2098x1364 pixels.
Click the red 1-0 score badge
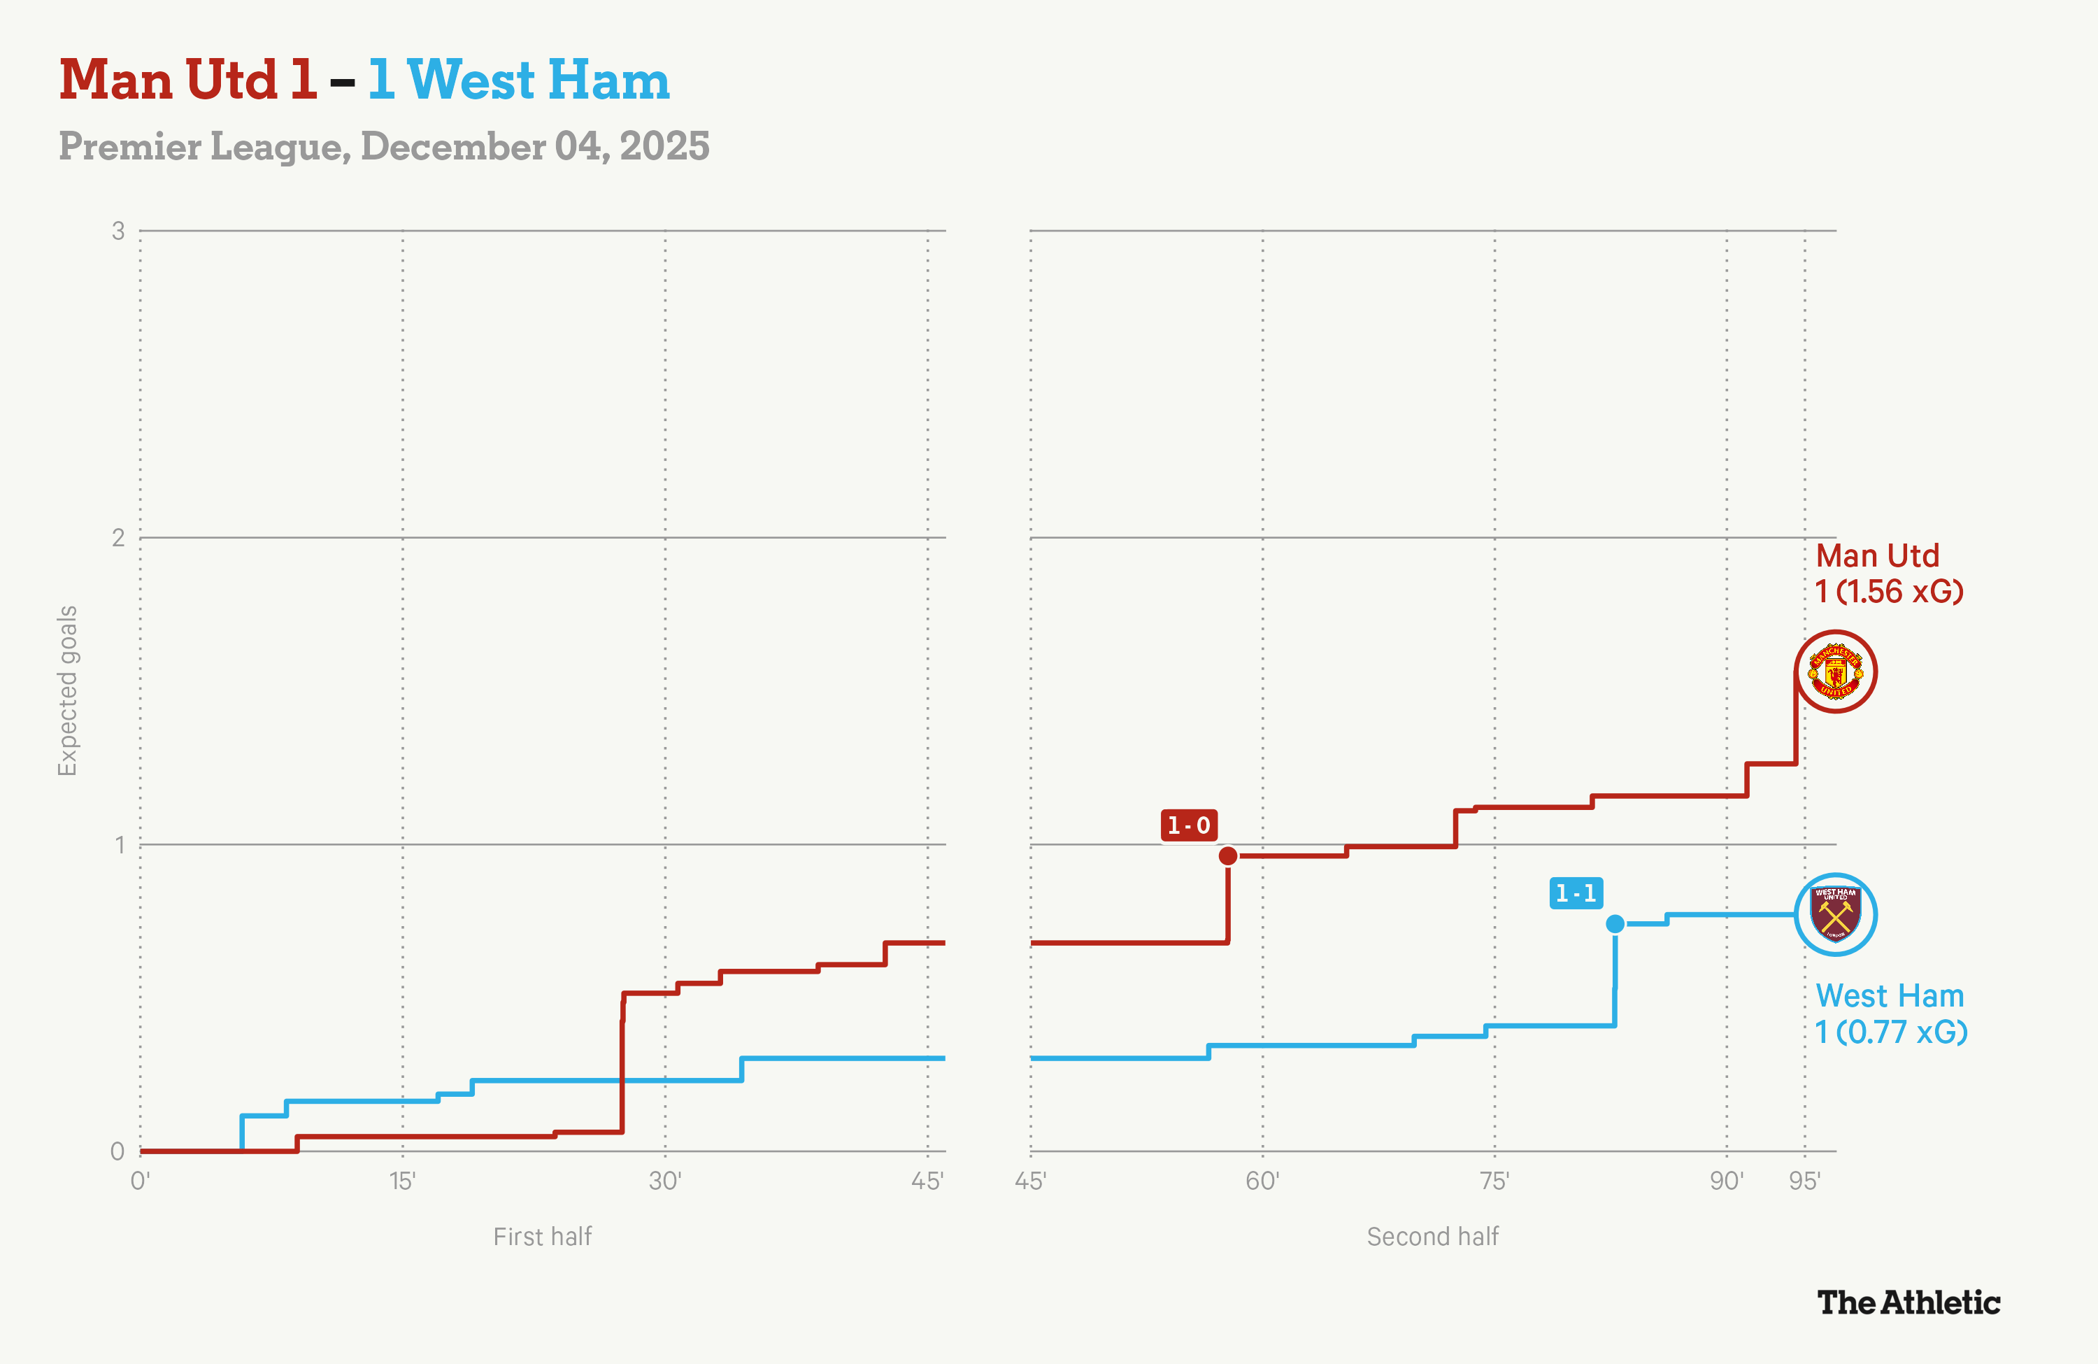pos(1188,825)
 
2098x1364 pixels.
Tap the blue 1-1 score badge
pos(1576,893)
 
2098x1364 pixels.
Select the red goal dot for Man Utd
pos(1228,855)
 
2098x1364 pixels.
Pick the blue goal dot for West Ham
pos(1615,923)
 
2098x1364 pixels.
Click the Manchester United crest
pos(1835,672)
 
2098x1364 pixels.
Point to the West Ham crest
pos(1835,914)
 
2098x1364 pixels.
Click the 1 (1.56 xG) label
pos(1889,592)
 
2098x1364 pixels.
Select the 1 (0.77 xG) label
pos(1891,1032)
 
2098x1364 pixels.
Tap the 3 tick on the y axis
pos(118,231)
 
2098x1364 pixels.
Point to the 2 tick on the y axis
pos(118,538)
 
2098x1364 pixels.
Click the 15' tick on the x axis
pos(403,1181)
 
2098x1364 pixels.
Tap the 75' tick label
pos(1494,1181)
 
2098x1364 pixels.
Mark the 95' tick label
pos(1804,1181)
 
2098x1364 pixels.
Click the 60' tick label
pos(1262,1181)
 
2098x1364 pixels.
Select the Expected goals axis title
pos(68,690)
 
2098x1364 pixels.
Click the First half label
pos(542,1236)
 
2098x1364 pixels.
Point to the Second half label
pos(1432,1236)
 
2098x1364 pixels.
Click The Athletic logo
pos(1908,1302)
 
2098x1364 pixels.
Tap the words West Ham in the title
pos(538,80)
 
